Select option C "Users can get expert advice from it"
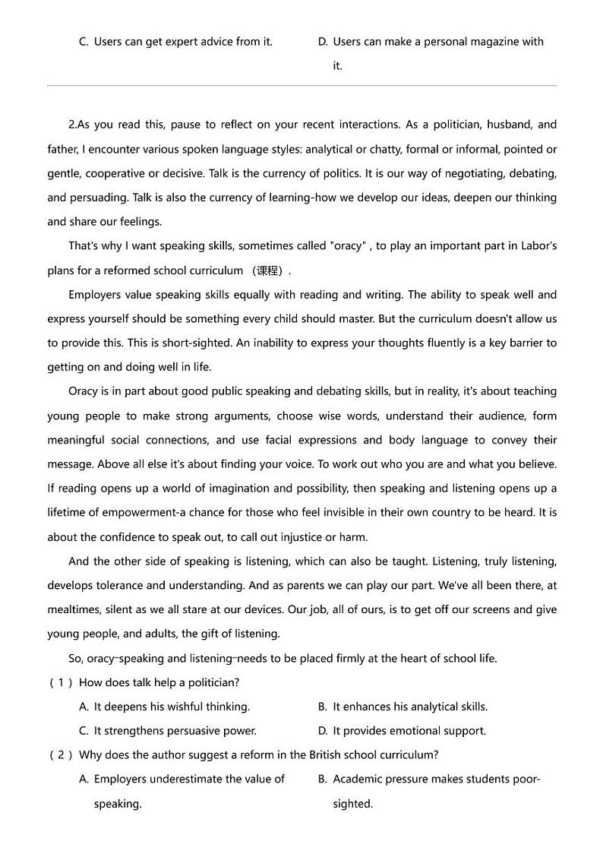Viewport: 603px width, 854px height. (x=182, y=42)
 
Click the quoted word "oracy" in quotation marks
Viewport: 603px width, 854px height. (x=349, y=246)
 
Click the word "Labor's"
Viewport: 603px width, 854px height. (x=538, y=246)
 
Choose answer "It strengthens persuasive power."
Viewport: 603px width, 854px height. (x=175, y=731)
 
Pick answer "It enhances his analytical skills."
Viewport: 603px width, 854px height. (x=410, y=707)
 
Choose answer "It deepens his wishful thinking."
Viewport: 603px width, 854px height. (x=172, y=707)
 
